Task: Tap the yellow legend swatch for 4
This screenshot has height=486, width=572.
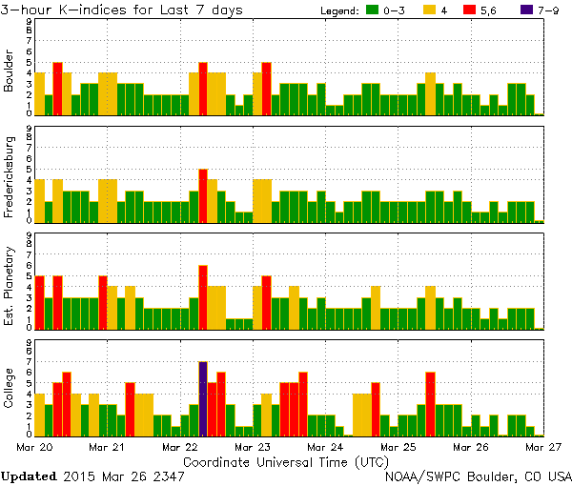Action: (x=431, y=10)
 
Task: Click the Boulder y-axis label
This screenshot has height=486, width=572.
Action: (x=10, y=72)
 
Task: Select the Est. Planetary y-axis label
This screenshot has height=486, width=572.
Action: (x=10, y=286)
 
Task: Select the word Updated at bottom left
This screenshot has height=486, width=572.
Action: (x=29, y=476)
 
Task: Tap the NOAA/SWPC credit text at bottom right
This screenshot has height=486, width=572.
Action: (x=478, y=476)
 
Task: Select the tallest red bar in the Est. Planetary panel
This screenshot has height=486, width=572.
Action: (x=203, y=296)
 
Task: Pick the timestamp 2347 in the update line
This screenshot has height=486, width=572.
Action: (x=168, y=476)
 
